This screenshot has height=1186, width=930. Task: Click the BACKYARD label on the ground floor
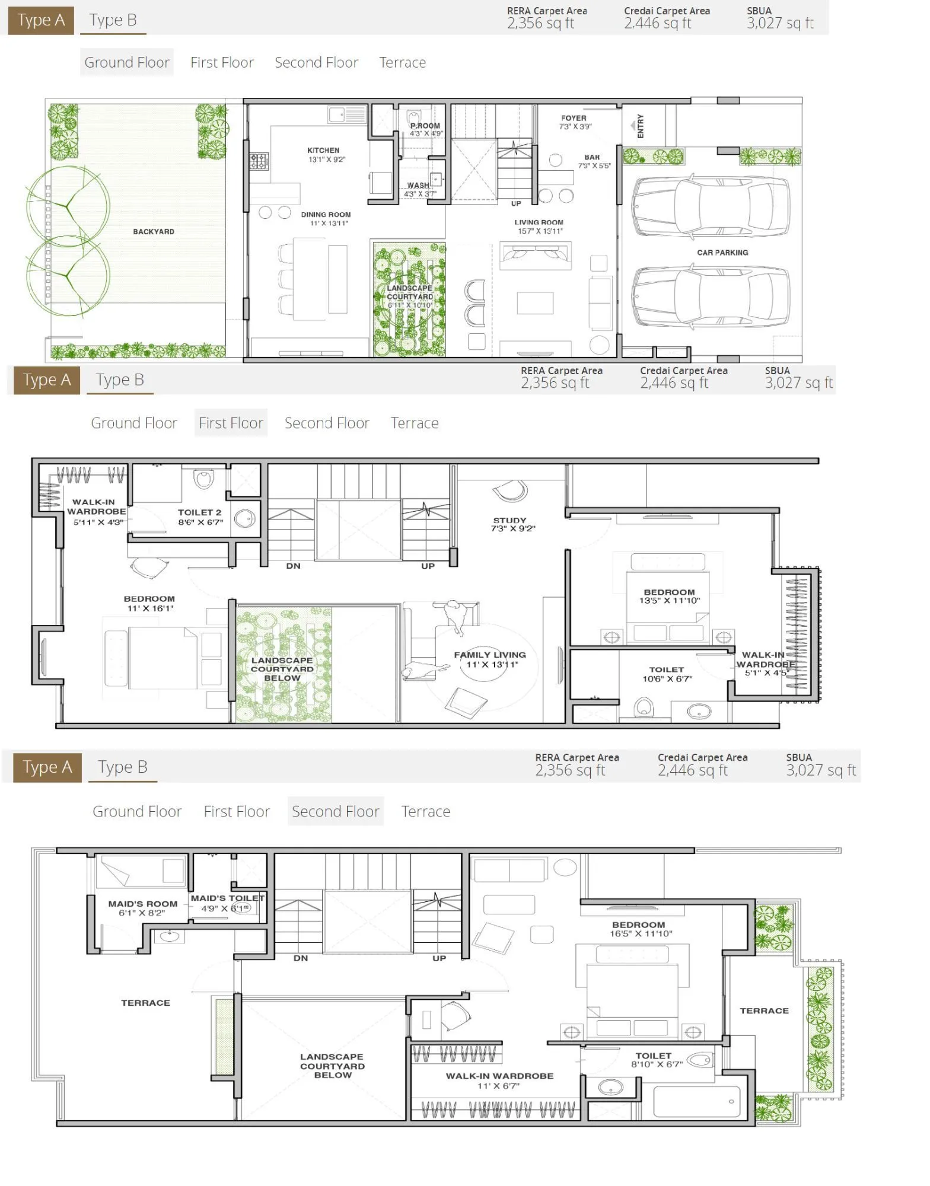click(x=154, y=232)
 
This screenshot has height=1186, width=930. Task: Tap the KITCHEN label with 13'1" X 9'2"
click(x=323, y=151)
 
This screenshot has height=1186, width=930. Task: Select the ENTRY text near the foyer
click(x=641, y=126)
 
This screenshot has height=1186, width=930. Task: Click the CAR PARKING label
click(x=722, y=253)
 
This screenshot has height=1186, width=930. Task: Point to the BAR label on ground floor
click(x=592, y=158)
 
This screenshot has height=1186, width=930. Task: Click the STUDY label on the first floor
click(x=509, y=520)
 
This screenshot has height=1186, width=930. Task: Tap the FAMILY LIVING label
click(x=490, y=655)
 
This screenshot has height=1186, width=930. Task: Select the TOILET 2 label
click(x=199, y=512)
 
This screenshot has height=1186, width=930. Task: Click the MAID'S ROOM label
click(x=142, y=904)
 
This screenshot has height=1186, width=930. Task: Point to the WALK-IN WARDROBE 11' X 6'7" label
click(x=499, y=1076)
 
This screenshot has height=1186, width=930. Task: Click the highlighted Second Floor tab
click(x=335, y=811)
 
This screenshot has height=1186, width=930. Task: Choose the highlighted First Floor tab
click(x=231, y=423)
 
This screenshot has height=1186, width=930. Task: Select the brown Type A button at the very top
click(x=41, y=21)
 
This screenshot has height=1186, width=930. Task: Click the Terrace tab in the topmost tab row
click(x=402, y=62)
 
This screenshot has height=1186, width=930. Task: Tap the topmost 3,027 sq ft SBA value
click(x=780, y=24)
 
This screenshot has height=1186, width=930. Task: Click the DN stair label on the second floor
click(x=301, y=958)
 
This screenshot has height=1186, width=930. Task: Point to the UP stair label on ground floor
click(x=516, y=203)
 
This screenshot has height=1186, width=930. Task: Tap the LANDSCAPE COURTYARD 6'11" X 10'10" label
click(x=410, y=296)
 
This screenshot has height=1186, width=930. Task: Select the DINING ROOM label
click(x=326, y=215)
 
